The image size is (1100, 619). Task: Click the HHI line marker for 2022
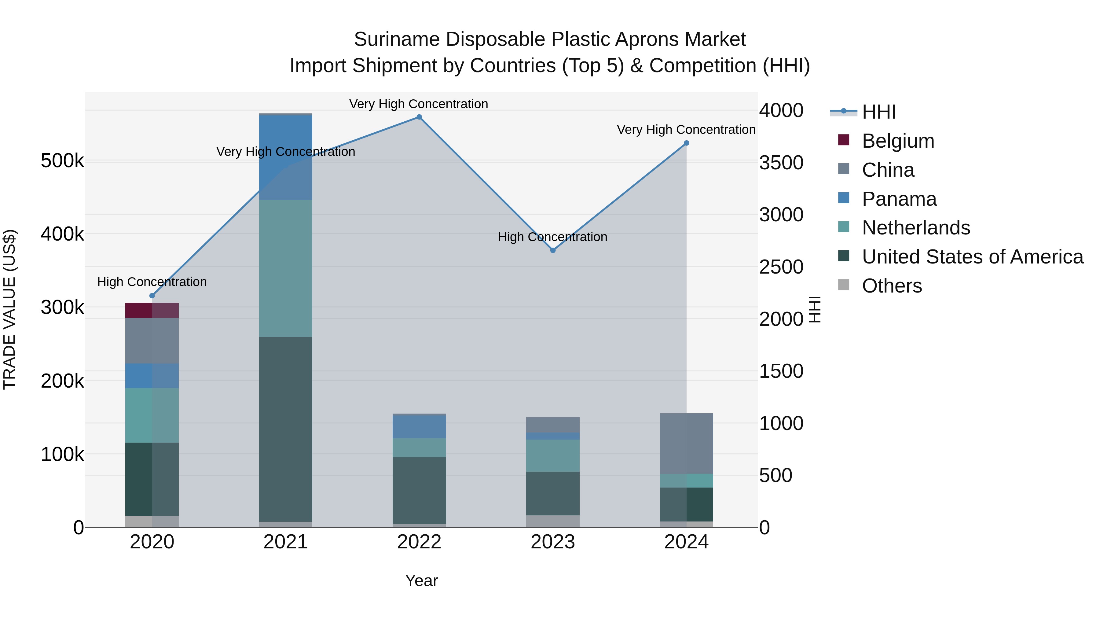[419, 117]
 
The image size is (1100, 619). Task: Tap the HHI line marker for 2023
[552, 250]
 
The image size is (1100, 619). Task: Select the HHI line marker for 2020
[152, 296]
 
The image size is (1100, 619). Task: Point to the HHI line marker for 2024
[686, 143]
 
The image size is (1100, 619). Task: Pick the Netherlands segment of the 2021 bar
[286, 268]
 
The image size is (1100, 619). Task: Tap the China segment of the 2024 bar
[686, 444]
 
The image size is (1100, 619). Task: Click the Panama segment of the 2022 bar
[419, 427]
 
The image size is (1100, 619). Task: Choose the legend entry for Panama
[899, 199]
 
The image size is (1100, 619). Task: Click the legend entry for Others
[892, 286]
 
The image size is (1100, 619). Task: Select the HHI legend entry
[878, 112]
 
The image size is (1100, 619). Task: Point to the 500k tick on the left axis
[62, 161]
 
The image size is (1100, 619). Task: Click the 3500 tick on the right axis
[781, 163]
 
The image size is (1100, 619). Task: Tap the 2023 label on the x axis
[552, 542]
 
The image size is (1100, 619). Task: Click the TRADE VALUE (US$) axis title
[10, 309]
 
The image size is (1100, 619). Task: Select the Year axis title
[421, 580]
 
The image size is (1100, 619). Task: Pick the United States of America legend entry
[972, 257]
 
